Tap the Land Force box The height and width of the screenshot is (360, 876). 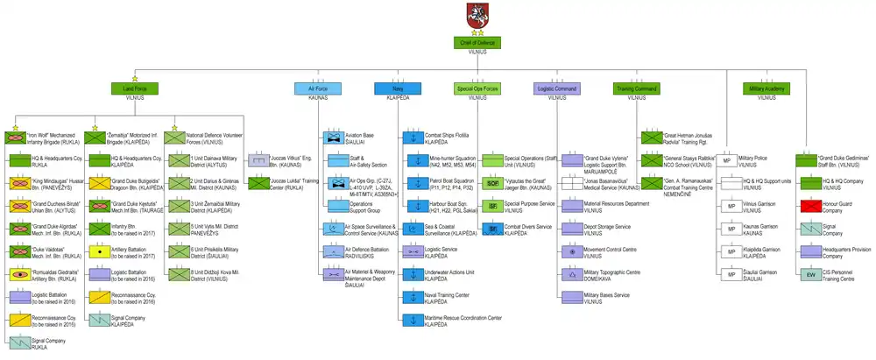134,88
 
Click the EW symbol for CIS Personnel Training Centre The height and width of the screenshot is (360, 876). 809,273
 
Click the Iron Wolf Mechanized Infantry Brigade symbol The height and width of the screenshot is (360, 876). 18,138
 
